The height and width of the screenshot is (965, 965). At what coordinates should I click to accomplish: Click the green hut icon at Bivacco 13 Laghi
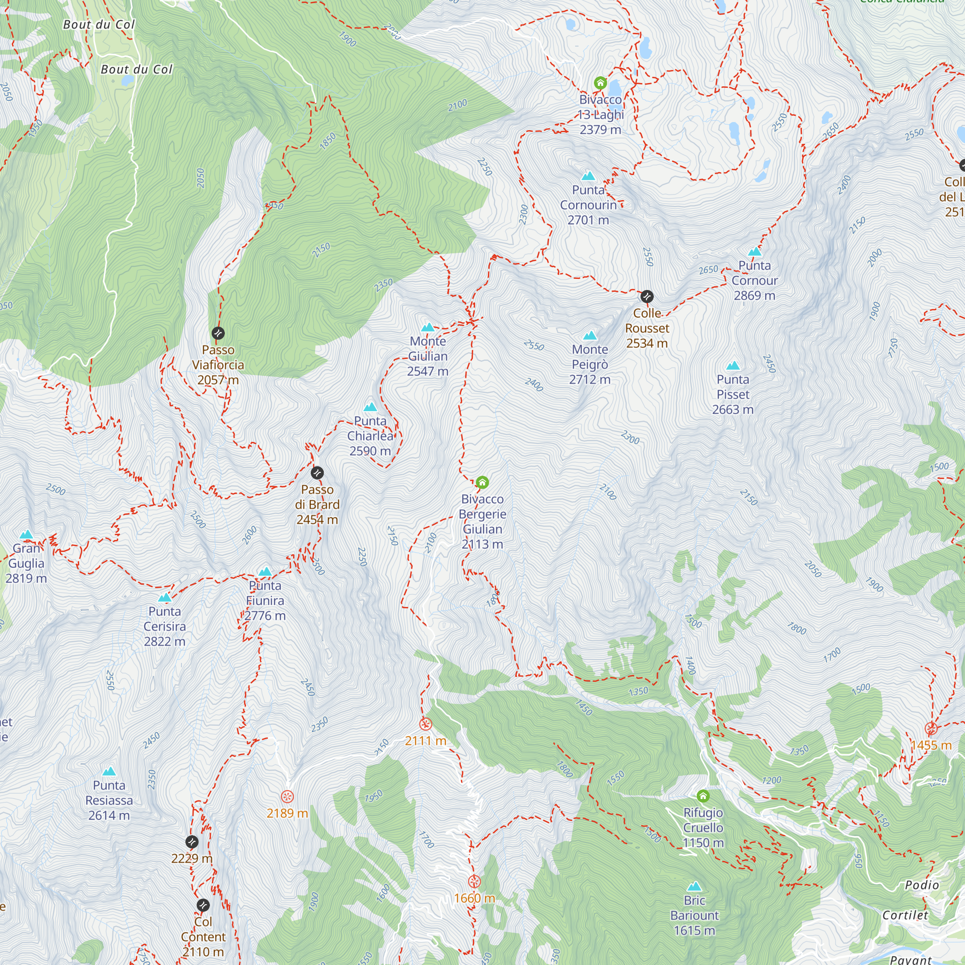pyautogui.click(x=600, y=83)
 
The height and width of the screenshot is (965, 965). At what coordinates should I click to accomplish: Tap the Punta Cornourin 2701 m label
pyautogui.click(x=588, y=205)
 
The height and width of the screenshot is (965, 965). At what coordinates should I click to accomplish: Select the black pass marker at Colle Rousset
pyautogui.click(x=647, y=297)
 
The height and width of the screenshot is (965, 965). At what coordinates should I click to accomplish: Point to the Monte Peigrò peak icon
pyautogui.click(x=590, y=335)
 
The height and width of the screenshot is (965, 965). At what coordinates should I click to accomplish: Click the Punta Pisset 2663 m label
pyautogui.click(x=733, y=395)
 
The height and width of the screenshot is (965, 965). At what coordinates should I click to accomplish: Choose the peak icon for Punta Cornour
pyautogui.click(x=754, y=251)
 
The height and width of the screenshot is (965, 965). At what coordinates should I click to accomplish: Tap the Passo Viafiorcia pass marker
pyautogui.click(x=218, y=333)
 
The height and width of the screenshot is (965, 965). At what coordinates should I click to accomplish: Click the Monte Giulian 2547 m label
pyautogui.click(x=427, y=356)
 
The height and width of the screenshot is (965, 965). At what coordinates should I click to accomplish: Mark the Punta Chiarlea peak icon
pyautogui.click(x=370, y=407)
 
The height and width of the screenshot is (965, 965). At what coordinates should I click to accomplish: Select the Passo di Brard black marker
pyautogui.click(x=317, y=473)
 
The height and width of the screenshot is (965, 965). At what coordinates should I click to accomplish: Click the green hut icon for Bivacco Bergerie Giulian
pyautogui.click(x=482, y=482)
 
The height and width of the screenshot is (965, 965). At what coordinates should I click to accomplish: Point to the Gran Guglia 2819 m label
pyautogui.click(x=26, y=564)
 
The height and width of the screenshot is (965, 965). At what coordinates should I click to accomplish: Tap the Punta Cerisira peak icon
pyautogui.click(x=165, y=597)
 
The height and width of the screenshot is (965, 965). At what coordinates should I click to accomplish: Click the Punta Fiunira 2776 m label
pyautogui.click(x=265, y=600)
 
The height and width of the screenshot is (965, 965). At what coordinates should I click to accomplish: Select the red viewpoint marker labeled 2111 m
pyautogui.click(x=426, y=724)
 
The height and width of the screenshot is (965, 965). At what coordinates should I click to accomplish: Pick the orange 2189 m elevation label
pyautogui.click(x=287, y=813)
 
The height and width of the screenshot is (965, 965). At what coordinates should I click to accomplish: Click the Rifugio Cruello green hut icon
pyautogui.click(x=703, y=796)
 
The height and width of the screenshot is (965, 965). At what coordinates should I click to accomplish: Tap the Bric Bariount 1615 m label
pyautogui.click(x=694, y=916)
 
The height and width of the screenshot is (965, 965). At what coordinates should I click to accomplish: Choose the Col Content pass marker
pyautogui.click(x=203, y=905)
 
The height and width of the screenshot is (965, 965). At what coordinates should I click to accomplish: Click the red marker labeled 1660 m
pyautogui.click(x=474, y=881)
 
